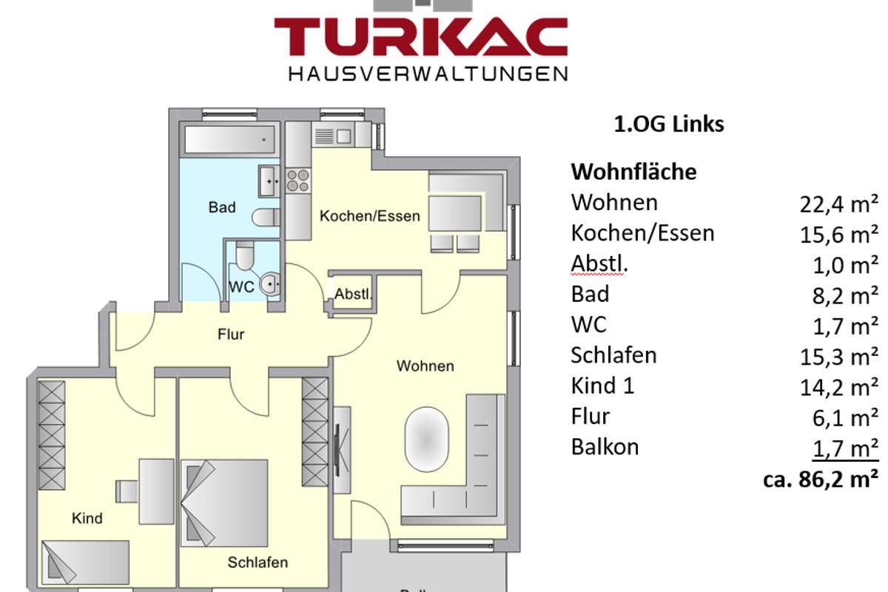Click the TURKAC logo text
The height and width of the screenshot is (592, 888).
(420, 37)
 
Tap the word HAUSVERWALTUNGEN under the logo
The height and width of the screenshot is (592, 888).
(428, 74)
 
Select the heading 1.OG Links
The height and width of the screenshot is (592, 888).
(669, 124)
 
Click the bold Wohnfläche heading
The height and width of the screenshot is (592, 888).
(633, 172)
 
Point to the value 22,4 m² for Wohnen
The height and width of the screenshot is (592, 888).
(838, 204)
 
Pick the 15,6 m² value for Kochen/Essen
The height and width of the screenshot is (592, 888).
(838, 235)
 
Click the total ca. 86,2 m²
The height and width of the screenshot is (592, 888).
(820, 479)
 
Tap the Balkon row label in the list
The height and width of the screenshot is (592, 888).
(605, 447)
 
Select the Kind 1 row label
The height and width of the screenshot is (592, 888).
(602, 386)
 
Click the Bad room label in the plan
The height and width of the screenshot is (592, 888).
(222, 207)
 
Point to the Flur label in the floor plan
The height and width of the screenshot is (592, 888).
(231, 334)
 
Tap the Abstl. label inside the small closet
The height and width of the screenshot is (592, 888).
(353, 294)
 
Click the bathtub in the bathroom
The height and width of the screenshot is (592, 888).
(229, 140)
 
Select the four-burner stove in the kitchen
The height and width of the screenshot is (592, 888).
(297, 180)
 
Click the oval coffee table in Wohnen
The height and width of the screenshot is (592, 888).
(426, 439)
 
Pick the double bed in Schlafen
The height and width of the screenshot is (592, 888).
(224, 503)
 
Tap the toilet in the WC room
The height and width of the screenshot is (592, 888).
(245, 256)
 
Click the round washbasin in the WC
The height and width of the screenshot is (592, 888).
(270, 284)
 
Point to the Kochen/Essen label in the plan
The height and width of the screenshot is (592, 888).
(370, 216)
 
